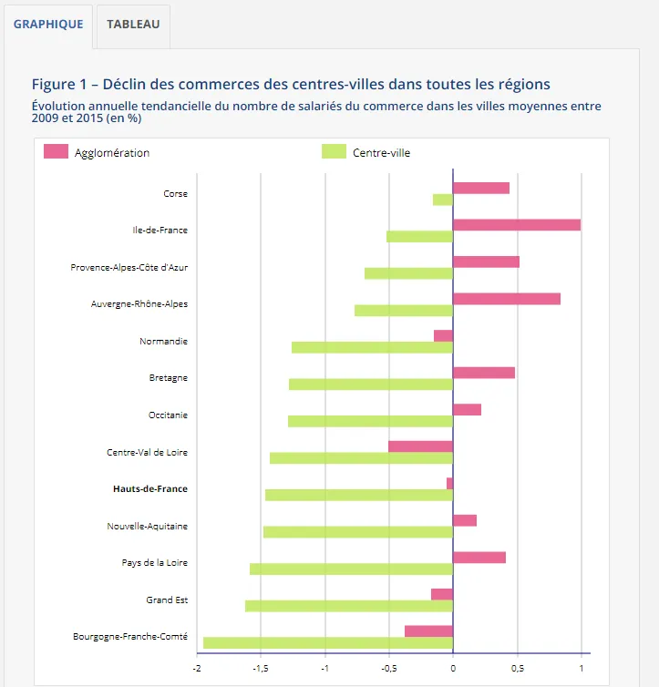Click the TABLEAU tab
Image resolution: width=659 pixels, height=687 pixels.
click(133, 24)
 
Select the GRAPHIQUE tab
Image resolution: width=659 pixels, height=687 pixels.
click(48, 24)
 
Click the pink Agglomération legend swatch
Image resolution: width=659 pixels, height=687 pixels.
click(56, 152)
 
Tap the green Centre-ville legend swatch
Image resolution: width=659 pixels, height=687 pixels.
click(335, 152)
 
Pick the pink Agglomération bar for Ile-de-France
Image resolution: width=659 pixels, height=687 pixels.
click(517, 224)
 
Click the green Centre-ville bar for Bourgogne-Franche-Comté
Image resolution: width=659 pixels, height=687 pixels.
click(328, 642)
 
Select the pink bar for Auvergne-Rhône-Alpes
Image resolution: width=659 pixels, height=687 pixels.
click(507, 298)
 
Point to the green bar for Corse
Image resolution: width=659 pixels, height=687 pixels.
click(443, 200)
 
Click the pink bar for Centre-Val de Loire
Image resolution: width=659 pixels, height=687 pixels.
click(420, 446)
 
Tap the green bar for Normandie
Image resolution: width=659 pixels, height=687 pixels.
click(372, 347)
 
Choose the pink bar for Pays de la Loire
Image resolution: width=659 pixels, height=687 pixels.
click(479, 557)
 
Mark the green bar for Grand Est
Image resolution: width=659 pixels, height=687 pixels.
click(349, 606)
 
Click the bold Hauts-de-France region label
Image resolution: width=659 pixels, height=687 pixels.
click(150, 489)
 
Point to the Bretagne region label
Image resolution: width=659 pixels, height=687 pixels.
click(169, 378)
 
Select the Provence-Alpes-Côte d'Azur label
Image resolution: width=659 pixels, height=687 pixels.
click(129, 268)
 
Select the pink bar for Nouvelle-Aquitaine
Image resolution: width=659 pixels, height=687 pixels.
click(465, 520)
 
